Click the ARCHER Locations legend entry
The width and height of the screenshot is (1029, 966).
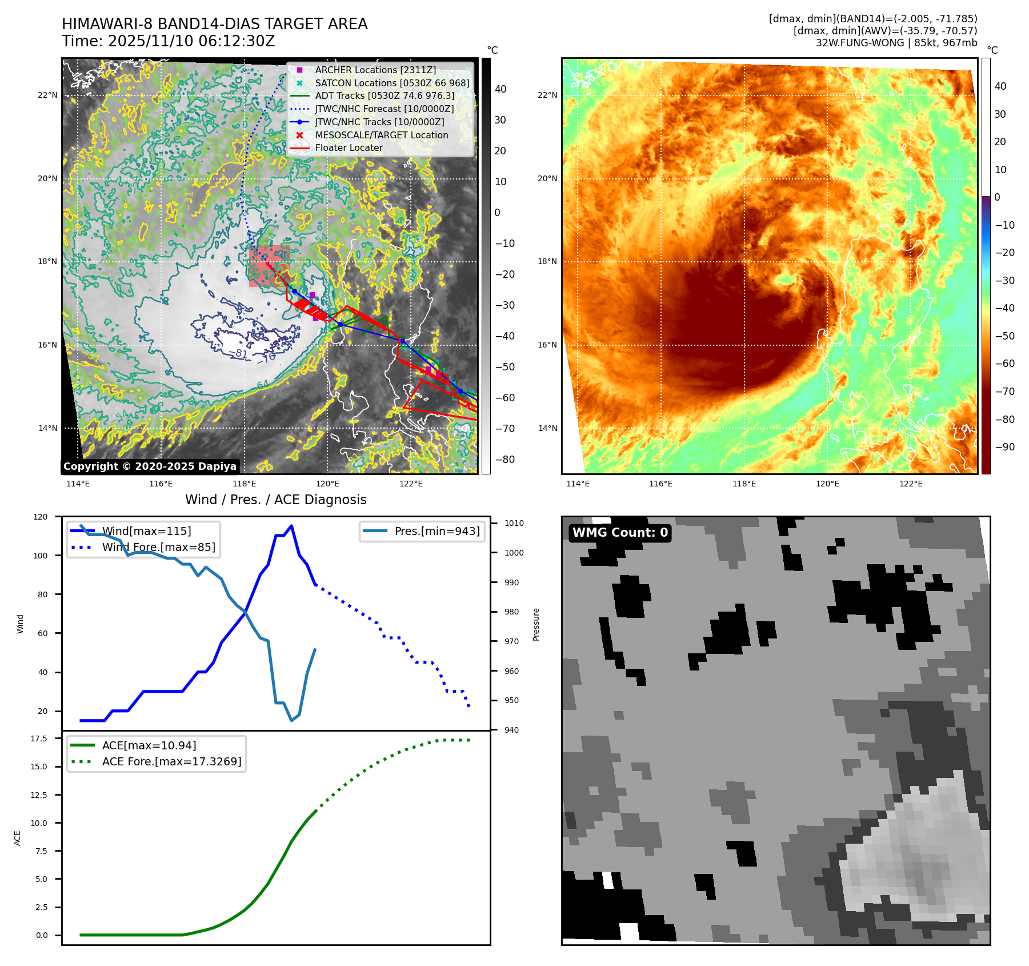tap(375, 70)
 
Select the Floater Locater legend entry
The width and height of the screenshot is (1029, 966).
tap(349, 147)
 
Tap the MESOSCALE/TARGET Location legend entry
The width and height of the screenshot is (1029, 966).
tap(381, 135)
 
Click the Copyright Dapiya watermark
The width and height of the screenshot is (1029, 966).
tap(150, 466)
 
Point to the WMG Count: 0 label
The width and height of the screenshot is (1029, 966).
tap(620, 533)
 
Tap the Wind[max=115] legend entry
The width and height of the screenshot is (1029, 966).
tap(146, 531)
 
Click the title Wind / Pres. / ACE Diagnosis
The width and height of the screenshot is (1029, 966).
tap(276, 500)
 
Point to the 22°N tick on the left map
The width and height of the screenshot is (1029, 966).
tap(48, 95)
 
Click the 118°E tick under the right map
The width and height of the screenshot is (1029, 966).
tap(744, 484)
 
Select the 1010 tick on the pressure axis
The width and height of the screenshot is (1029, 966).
tap(514, 523)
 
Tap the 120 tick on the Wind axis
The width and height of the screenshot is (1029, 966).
tap(41, 517)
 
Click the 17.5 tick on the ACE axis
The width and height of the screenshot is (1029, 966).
tap(39, 739)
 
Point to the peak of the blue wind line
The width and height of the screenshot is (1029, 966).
tap(291, 526)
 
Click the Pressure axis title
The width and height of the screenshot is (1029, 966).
tap(536, 624)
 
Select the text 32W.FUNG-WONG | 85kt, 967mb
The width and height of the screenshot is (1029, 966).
tap(896, 43)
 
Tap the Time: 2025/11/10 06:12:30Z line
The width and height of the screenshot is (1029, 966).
tap(169, 41)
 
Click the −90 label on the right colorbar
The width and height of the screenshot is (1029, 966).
tap(1004, 447)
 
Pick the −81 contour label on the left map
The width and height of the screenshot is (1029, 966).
tap(242, 354)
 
